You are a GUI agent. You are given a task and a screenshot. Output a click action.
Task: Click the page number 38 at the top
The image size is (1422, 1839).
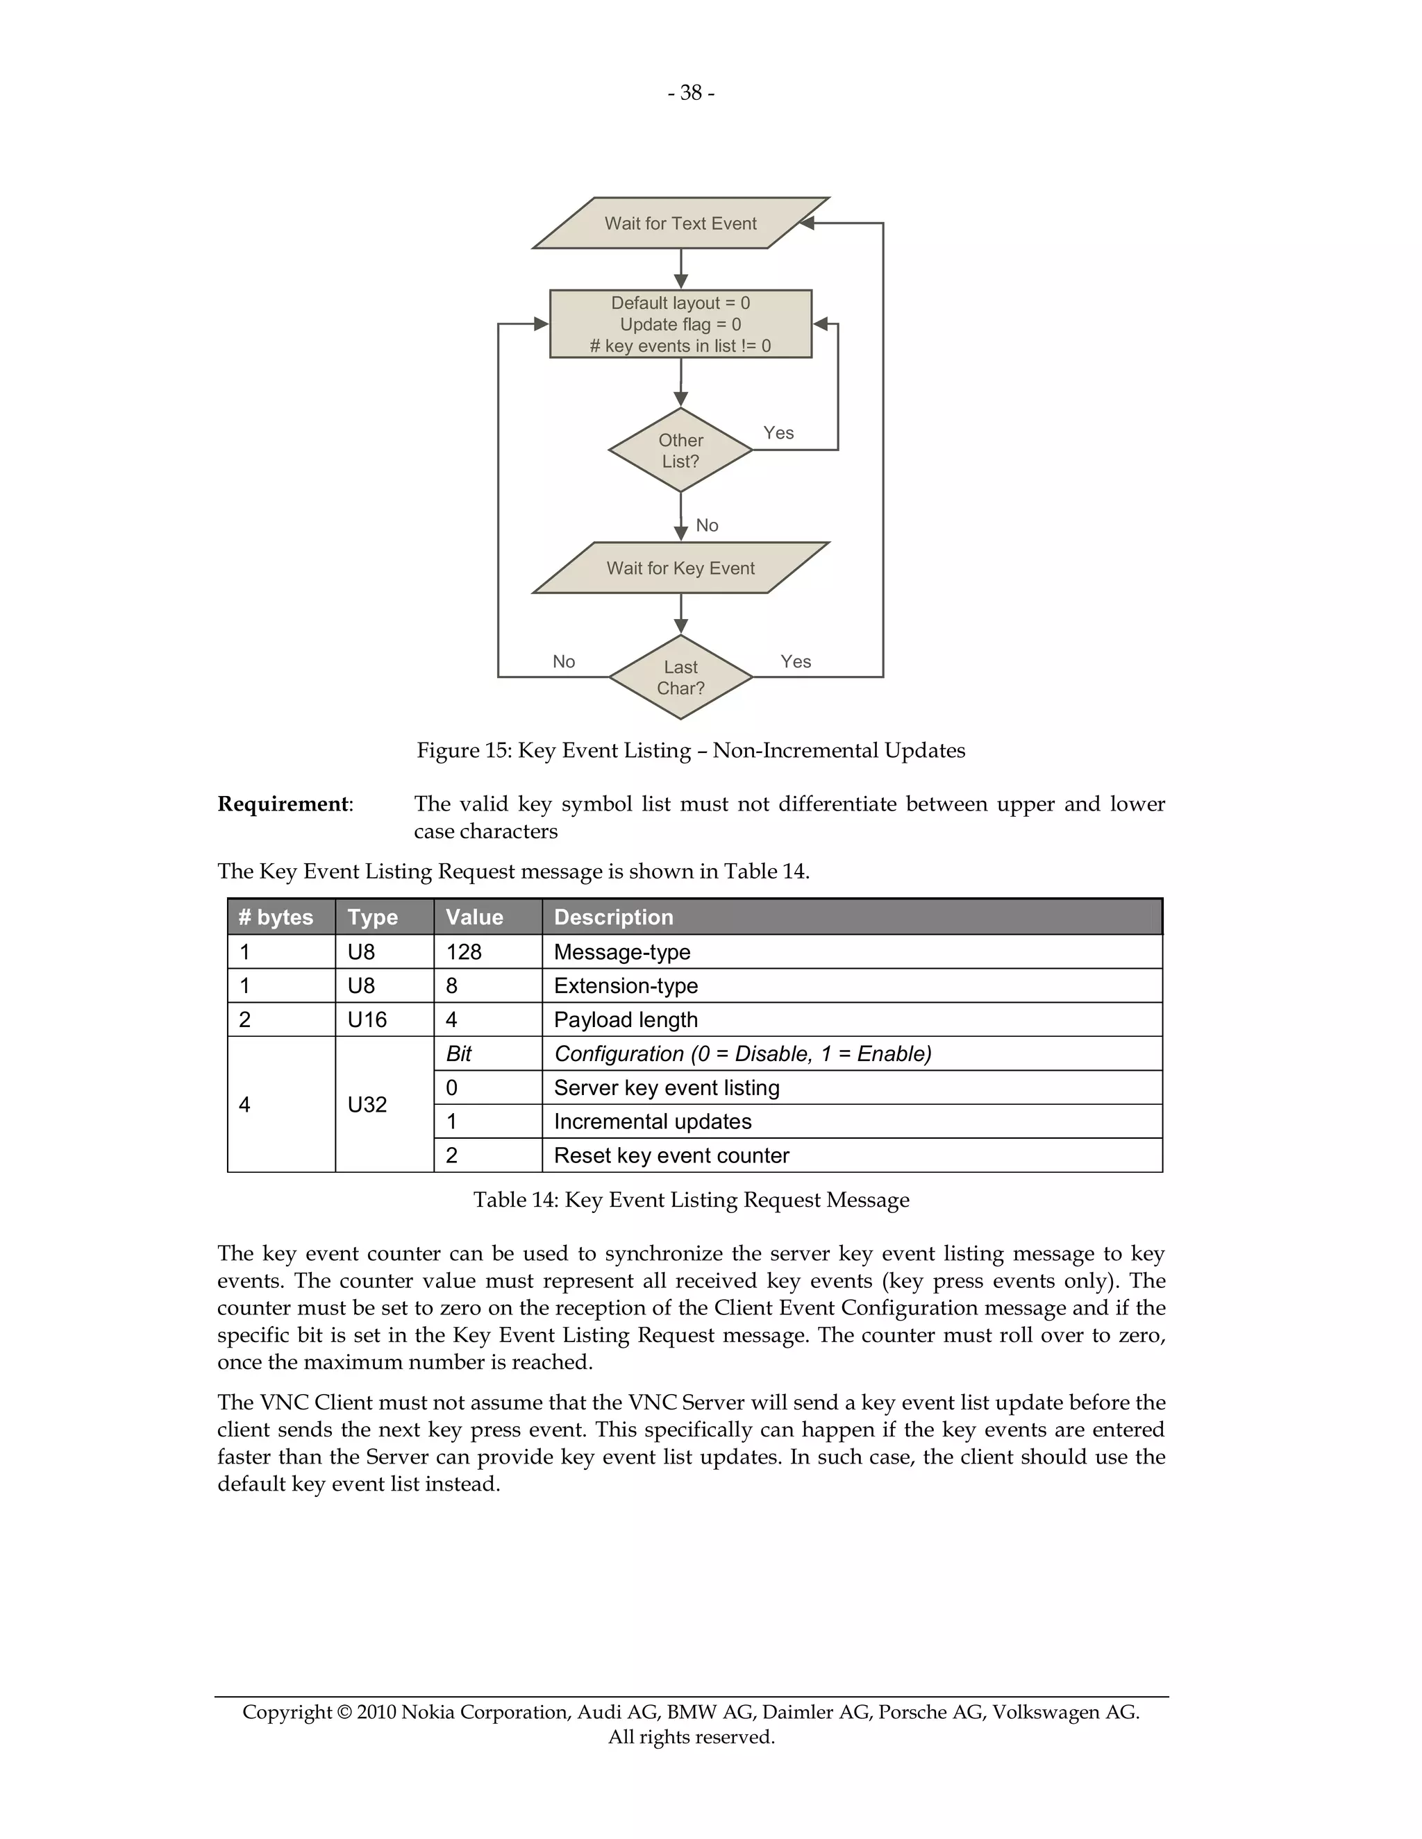coord(691,92)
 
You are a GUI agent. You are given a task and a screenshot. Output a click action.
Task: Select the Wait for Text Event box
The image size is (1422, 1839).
coord(680,223)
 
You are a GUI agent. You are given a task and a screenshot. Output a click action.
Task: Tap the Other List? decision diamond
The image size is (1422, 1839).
coord(680,450)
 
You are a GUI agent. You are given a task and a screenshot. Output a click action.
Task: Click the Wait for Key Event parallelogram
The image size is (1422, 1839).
coord(680,568)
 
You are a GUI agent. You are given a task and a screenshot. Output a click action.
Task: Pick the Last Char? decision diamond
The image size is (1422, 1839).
coord(680,677)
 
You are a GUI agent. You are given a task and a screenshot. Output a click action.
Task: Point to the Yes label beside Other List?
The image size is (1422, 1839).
coord(778,433)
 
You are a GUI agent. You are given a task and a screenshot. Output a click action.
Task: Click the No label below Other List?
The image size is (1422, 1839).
coord(707,525)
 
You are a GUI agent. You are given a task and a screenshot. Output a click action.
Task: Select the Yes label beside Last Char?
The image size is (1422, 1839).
coord(795,662)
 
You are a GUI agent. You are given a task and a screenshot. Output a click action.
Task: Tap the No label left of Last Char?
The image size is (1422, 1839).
coord(564,662)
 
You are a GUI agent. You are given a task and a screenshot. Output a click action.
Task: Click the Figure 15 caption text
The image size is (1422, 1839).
coord(691,750)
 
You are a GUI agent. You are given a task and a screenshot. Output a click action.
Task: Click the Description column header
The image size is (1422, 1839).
coord(613,917)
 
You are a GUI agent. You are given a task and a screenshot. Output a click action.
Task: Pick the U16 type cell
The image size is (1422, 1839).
coord(367,1019)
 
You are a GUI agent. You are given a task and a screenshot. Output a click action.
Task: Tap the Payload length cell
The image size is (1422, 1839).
coord(626,1019)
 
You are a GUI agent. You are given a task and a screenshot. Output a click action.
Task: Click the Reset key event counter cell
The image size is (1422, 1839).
coord(671,1155)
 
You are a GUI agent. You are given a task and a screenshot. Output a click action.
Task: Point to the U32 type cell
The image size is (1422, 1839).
coord(367,1105)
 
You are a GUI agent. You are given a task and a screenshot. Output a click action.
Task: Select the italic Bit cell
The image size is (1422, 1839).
coord(459,1053)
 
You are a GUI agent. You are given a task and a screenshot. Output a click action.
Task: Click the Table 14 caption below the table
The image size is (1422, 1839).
coord(691,1200)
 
